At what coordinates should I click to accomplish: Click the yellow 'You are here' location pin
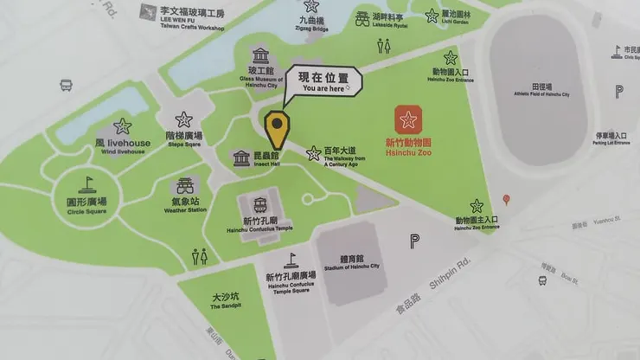[x=277, y=129]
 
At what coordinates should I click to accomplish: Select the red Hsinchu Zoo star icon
[x=408, y=119]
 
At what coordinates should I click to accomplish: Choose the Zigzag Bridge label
[x=312, y=23]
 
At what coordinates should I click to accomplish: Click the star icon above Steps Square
[x=183, y=119]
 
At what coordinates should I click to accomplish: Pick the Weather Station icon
[x=184, y=186]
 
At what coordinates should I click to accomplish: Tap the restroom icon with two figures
[x=200, y=256]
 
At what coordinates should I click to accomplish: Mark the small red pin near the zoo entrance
[x=507, y=200]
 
